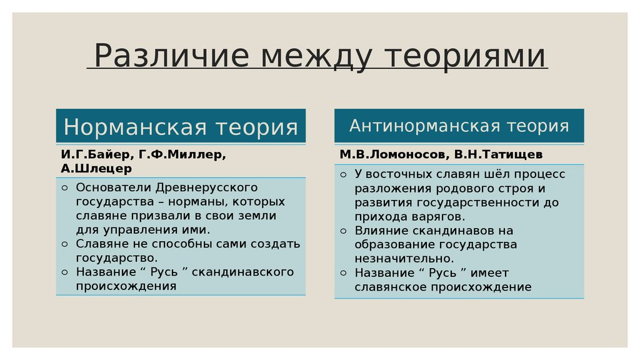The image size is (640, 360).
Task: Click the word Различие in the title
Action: pyautogui.click(x=171, y=56)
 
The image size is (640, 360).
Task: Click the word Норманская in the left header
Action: pyautogui.click(x=135, y=126)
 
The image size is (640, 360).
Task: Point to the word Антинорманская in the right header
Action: pyautogui.click(x=425, y=126)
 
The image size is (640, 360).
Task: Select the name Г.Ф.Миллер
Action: pyautogui.click(x=182, y=155)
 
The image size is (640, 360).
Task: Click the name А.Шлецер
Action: pyautogui.click(x=96, y=169)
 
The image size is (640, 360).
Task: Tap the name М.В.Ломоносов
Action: pyautogui.click(x=394, y=155)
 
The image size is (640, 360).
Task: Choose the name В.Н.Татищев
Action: pyautogui.click(x=498, y=155)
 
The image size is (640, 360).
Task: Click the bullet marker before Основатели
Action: pyautogui.click(x=64, y=187)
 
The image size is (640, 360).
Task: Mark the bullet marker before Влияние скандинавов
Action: pyautogui.click(x=343, y=231)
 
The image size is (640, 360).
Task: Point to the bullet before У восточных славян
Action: pyautogui.click(x=343, y=174)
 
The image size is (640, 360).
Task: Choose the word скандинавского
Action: pyautogui.click(x=243, y=272)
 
